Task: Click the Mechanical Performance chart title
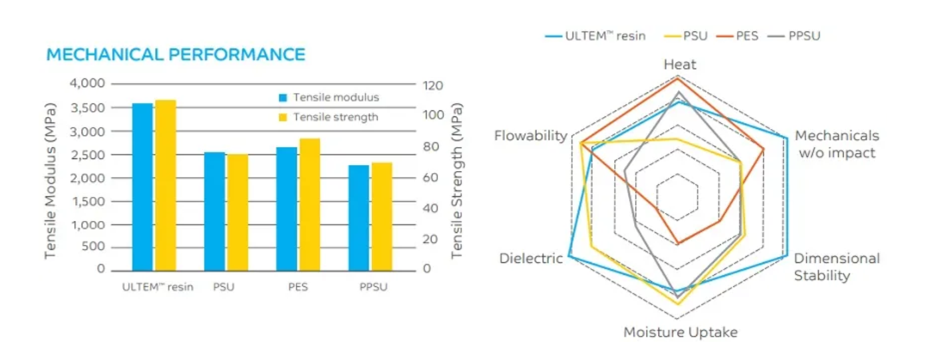click(176, 55)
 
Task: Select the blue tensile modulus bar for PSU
click(214, 211)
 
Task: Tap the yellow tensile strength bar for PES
click(309, 204)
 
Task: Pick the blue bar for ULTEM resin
click(142, 186)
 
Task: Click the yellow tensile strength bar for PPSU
click(381, 216)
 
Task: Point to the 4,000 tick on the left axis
click(88, 84)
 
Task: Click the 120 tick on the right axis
click(433, 85)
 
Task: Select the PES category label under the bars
click(297, 287)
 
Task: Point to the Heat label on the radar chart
click(680, 65)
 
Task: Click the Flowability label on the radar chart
click(530, 136)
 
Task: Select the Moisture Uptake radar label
click(680, 332)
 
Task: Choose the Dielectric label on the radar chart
click(531, 258)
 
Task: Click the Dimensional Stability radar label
click(836, 267)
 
